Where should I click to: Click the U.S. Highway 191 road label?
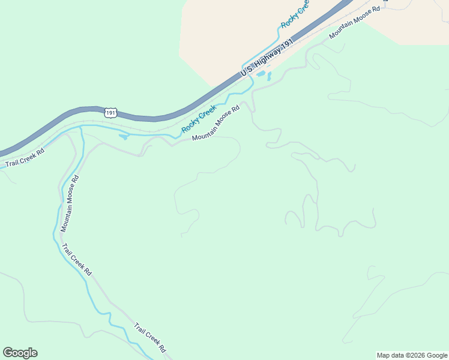pos(267,58)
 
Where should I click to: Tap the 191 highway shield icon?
pos(110,112)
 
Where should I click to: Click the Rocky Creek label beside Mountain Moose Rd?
pos(199,119)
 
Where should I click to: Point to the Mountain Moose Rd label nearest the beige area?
pos(354,24)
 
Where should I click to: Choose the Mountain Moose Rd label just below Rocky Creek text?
pos(215,124)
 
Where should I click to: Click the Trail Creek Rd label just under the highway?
pos(25,158)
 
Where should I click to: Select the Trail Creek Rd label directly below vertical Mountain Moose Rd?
pos(76,259)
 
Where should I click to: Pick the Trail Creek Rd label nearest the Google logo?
pos(149,338)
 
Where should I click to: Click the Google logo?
pos(20,353)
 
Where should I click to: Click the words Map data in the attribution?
pos(389,355)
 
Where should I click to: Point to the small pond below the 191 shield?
pos(123,136)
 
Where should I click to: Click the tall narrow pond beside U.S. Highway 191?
pos(269,76)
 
